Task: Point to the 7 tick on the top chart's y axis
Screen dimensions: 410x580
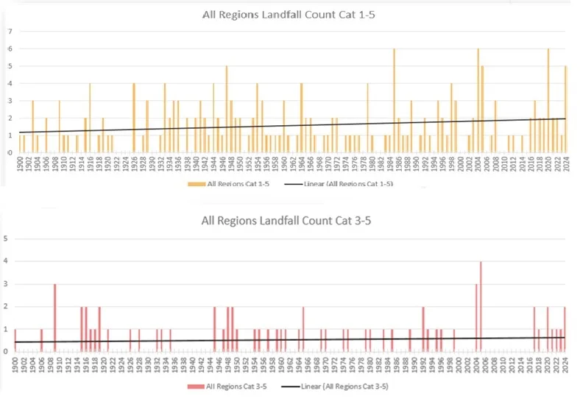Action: (10, 32)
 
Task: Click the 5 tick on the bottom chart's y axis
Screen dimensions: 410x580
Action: (6, 238)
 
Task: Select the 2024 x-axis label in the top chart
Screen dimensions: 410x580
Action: (566, 163)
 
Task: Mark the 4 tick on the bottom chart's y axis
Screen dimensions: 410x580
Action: (6, 261)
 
